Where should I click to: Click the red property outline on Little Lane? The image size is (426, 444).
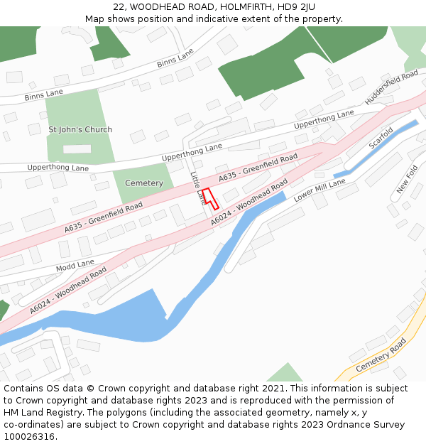click(x=208, y=197)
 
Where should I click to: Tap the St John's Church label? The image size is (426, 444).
click(x=80, y=130)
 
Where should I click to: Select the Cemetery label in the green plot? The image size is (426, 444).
click(x=144, y=183)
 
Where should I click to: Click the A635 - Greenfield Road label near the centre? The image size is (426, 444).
click(x=258, y=166)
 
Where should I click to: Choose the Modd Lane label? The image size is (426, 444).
click(x=76, y=266)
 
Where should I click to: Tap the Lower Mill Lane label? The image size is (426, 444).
click(x=319, y=190)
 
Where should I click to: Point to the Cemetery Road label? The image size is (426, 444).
click(x=381, y=354)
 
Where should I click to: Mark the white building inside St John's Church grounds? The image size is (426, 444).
click(x=77, y=149)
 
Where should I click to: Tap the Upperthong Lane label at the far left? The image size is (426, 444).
click(x=58, y=168)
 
